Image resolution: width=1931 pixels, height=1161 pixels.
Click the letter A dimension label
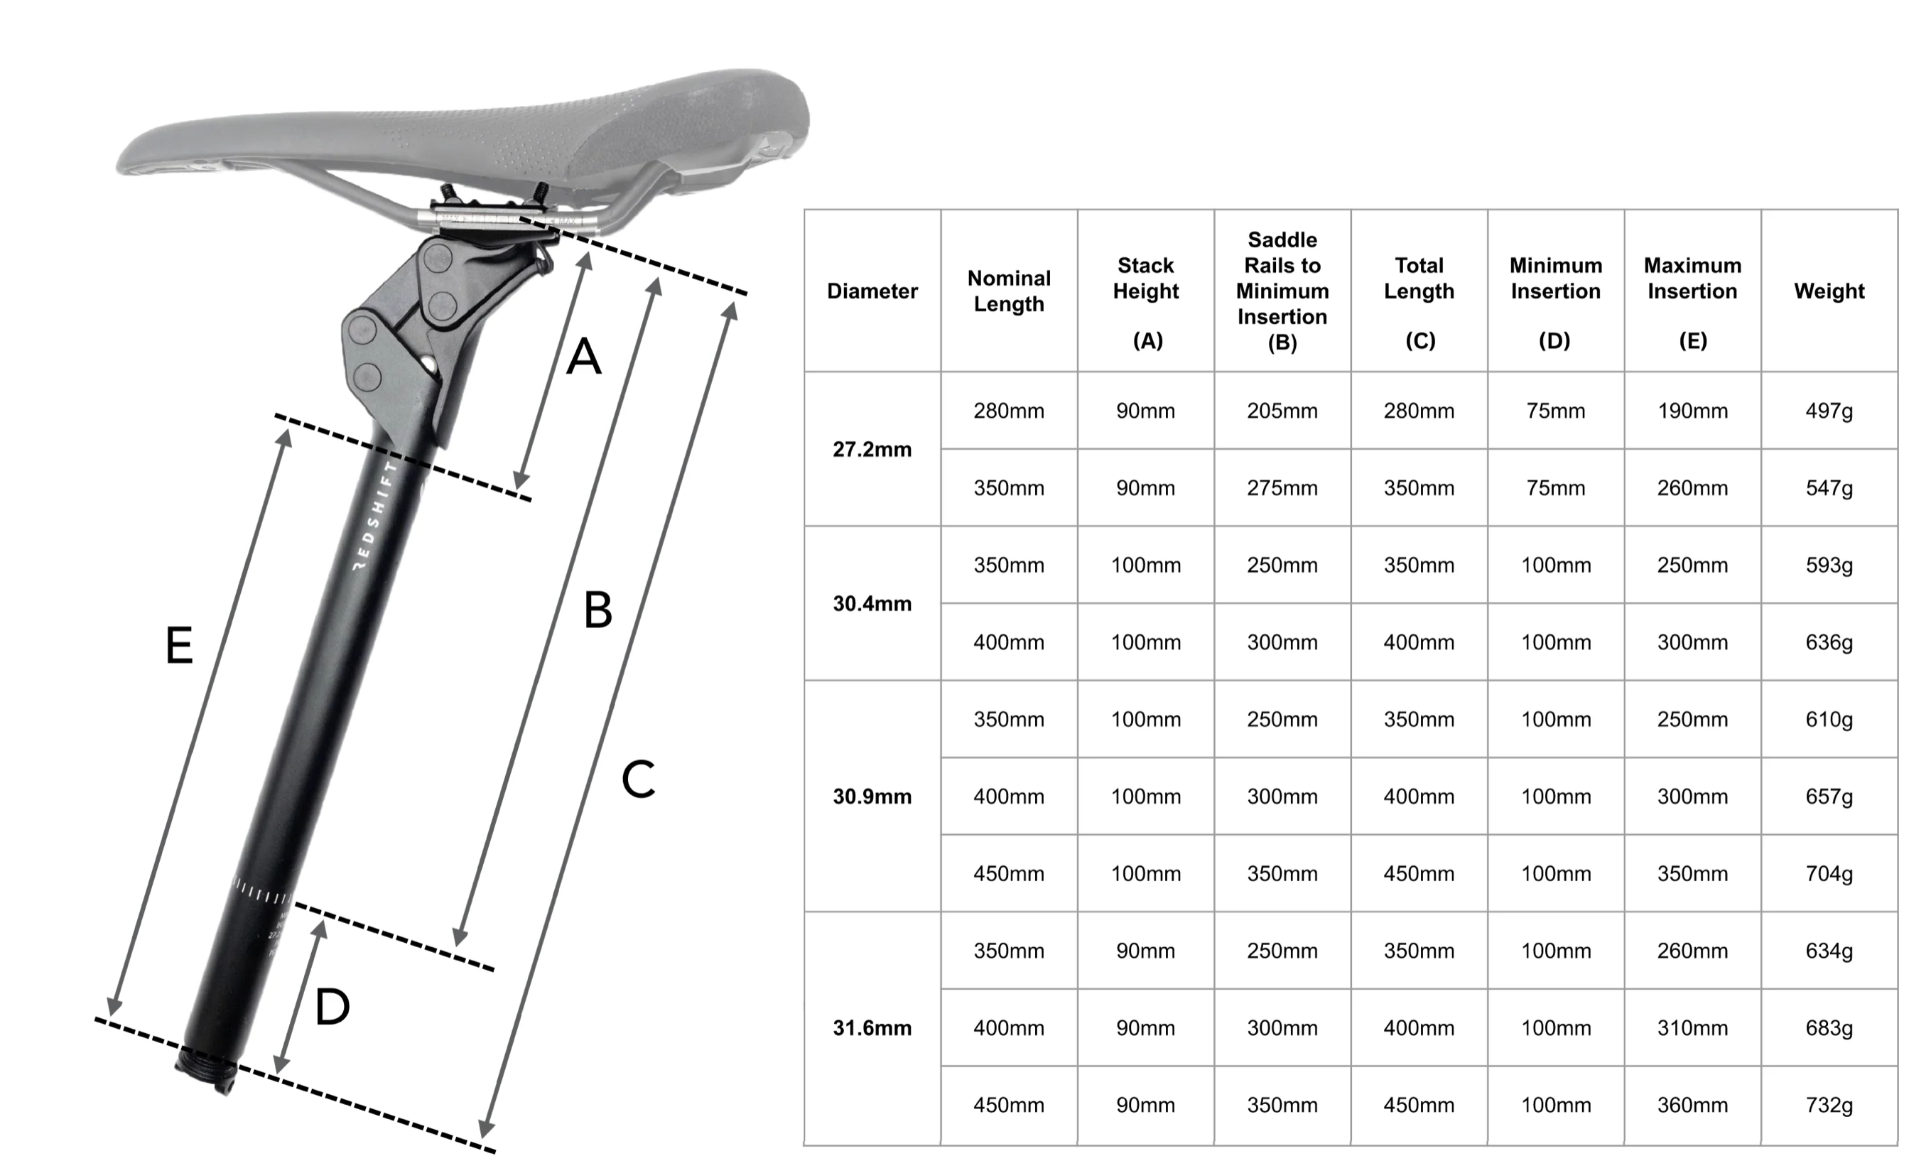(x=584, y=357)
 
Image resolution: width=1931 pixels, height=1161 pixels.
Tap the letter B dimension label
(x=598, y=610)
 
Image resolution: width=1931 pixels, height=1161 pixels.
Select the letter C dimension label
(x=638, y=779)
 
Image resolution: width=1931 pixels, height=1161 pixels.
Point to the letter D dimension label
(x=332, y=1007)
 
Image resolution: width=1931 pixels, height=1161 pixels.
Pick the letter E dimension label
(x=179, y=645)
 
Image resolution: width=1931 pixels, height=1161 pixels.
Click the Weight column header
(x=1829, y=291)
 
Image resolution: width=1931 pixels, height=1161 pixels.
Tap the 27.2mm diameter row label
(x=872, y=449)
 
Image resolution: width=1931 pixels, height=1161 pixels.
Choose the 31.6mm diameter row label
(x=872, y=1027)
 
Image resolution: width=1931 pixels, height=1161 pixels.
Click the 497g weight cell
(x=1829, y=411)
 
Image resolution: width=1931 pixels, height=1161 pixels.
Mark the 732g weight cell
(x=1829, y=1105)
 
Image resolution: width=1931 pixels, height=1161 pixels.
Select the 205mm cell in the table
(x=1282, y=411)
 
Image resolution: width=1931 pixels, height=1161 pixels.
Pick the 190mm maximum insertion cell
(x=1692, y=411)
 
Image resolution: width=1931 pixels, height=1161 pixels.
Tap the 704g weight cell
(x=1829, y=873)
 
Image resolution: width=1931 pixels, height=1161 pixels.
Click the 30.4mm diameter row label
(x=872, y=603)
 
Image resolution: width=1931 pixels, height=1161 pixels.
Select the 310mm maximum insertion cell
(x=1692, y=1027)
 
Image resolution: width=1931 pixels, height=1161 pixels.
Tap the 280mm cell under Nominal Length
(x=1009, y=411)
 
